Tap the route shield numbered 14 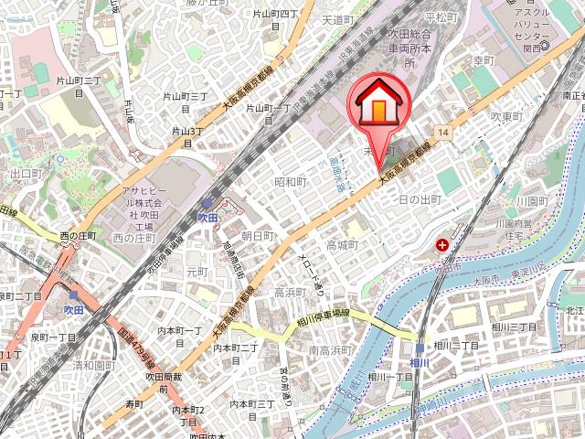point(443,134)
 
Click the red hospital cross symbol point(442,245)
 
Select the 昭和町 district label point(290,182)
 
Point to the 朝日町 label point(258,236)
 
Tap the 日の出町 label point(420,199)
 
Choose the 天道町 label point(337,19)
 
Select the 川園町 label point(531,200)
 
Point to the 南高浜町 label point(331,350)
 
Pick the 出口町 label point(27,173)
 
